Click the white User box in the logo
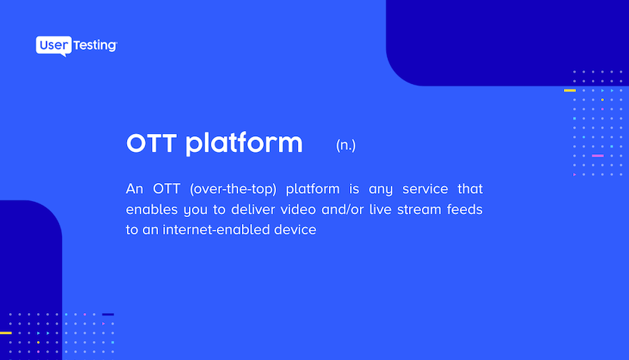pos(54,45)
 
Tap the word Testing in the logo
pos(95,45)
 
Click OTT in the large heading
pos(152,143)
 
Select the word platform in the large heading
pos(244,144)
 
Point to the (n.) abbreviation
pos(345,145)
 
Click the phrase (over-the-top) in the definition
pos(233,188)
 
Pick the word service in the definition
pos(425,188)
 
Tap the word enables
pos(152,209)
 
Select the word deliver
pos(253,209)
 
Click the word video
pos(299,209)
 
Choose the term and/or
pos(342,209)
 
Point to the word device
pos(296,230)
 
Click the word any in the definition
pos(381,189)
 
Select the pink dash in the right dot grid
pos(598,156)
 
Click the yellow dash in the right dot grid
pos(569,90)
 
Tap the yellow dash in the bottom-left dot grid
pos(5,333)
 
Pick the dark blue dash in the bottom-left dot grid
pos(108,315)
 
